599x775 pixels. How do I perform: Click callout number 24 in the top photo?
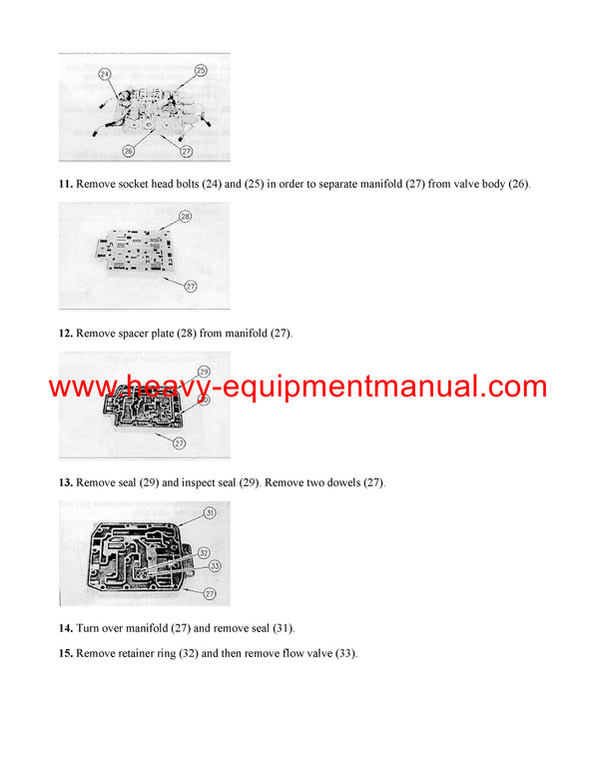[105, 74]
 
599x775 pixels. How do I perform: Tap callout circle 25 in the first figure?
[200, 70]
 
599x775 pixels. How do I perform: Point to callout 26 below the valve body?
[129, 151]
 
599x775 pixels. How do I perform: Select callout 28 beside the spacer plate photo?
[185, 216]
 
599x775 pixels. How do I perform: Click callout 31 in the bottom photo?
[210, 513]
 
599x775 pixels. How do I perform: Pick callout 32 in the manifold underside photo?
[202, 551]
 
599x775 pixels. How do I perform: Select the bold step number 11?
[66, 184]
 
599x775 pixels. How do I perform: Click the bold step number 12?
[66, 333]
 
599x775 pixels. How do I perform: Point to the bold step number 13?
[66, 482]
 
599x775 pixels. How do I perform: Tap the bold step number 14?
[66, 628]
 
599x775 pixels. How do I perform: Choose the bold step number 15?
[66, 653]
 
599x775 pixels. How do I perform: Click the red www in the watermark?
[79, 387]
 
